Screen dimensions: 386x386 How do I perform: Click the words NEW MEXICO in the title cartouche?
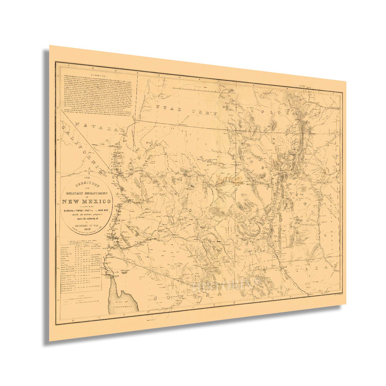pyautogui.click(x=86, y=201)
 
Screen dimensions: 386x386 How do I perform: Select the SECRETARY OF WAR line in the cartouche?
pyautogui.click(x=87, y=224)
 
